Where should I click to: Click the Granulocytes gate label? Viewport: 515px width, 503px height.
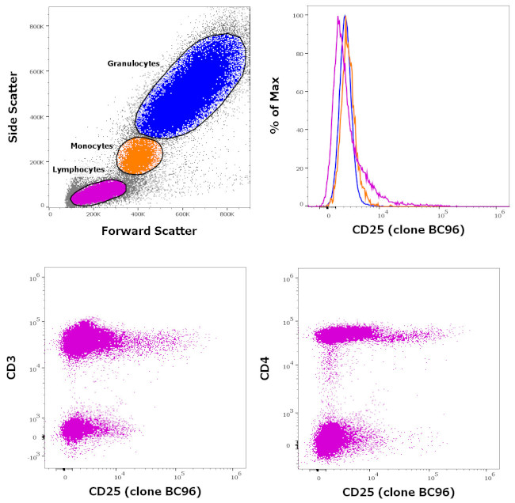[134, 62]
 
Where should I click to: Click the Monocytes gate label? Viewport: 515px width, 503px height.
[92, 146]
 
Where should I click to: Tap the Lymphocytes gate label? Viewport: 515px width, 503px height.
[78, 169]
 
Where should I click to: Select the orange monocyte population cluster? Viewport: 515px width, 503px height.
[139, 155]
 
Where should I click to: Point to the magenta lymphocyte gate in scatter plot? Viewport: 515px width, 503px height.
[98, 192]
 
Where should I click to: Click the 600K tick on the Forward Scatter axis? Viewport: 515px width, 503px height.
[184, 214]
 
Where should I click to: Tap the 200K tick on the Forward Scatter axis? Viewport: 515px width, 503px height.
[95, 214]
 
